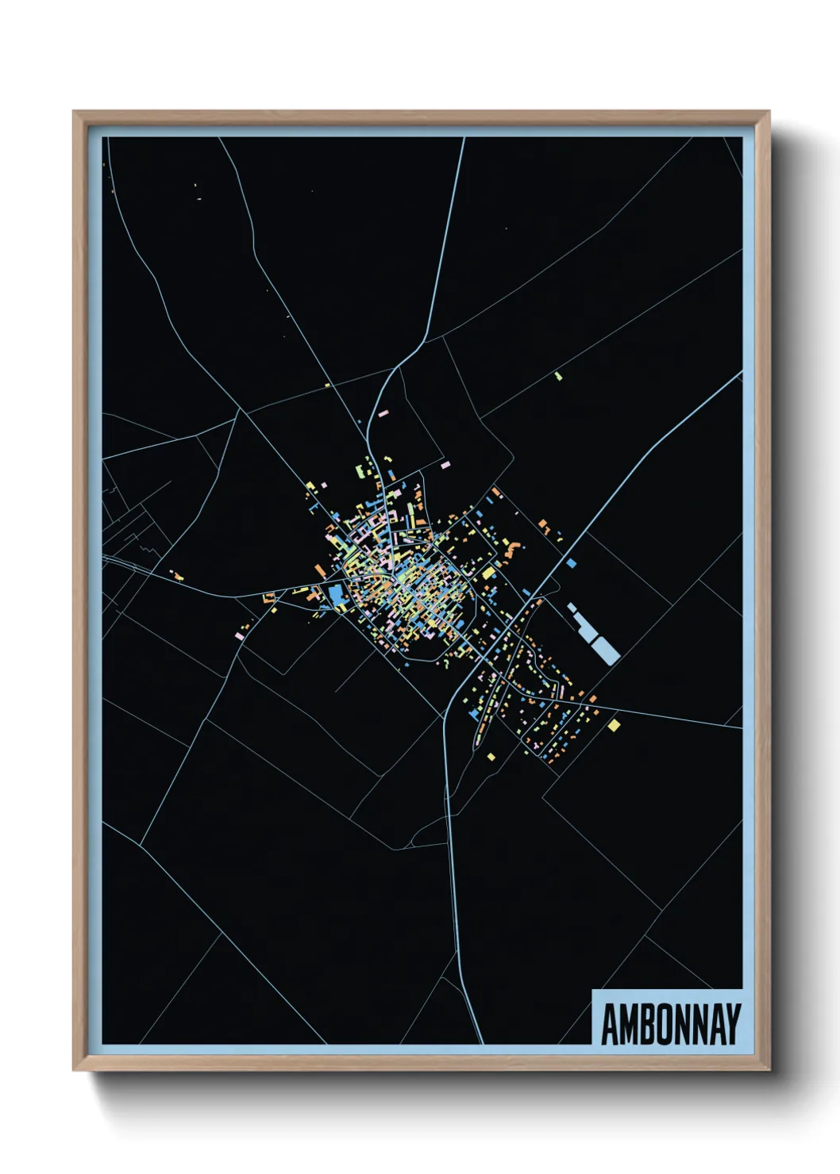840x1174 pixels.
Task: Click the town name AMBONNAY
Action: [x=671, y=1024]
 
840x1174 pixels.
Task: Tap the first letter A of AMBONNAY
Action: [x=610, y=1024]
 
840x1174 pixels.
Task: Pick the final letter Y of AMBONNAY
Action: [x=733, y=1024]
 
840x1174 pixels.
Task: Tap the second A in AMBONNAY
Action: [x=715, y=1024]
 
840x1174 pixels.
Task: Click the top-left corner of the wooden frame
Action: [x=75, y=113]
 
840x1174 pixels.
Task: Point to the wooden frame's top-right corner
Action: [x=768, y=113]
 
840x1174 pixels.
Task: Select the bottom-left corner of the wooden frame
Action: [x=75, y=1068]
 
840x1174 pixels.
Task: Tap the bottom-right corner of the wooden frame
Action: [x=768, y=1068]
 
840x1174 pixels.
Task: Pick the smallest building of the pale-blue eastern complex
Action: [x=571, y=607]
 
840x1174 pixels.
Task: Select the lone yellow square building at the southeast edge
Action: [x=614, y=724]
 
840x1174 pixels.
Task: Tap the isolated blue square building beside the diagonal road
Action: [x=572, y=563]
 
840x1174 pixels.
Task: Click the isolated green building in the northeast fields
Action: [x=559, y=375]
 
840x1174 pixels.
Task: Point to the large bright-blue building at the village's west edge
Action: [x=337, y=594]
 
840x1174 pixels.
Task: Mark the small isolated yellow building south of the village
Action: [x=491, y=756]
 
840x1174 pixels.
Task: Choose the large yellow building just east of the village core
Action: [x=488, y=573]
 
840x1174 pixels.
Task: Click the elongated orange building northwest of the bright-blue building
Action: [x=320, y=570]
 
